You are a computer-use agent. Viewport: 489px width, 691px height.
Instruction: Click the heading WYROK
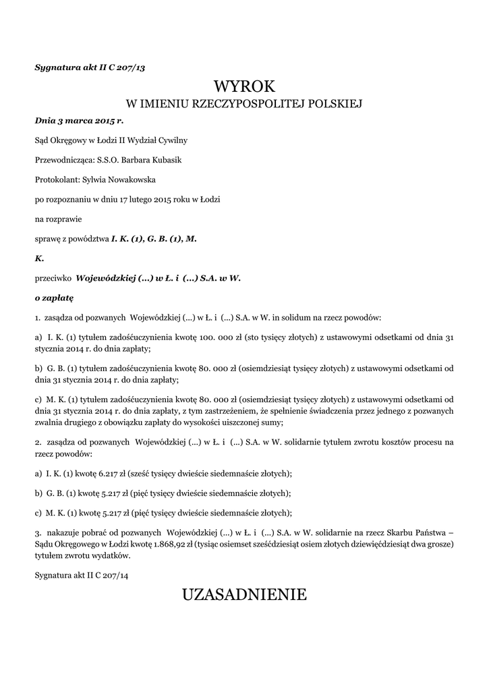244,86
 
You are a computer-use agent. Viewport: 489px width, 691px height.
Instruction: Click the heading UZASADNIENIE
244,595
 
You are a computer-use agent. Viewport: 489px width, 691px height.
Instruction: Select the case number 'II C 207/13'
123,67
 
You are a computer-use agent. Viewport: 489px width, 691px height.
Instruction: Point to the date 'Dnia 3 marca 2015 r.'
79,121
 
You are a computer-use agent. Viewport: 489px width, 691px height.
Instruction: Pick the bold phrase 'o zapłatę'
54,297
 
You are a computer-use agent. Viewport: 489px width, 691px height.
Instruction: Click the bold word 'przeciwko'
53,277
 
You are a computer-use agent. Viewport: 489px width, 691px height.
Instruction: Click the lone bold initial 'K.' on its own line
39,258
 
